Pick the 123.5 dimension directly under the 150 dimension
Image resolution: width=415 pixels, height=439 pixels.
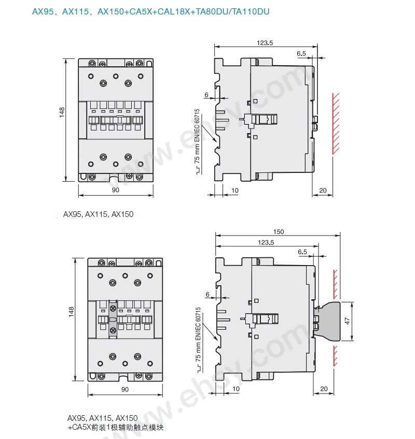(x=266, y=242)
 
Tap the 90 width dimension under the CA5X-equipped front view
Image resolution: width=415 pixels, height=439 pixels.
(x=125, y=389)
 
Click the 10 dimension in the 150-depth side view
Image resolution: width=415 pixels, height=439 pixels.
(x=236, y=389)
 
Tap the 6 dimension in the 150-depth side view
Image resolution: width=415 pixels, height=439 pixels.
(x=208, y=295)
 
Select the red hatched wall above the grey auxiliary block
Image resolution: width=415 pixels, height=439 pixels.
(x=335, y=285)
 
